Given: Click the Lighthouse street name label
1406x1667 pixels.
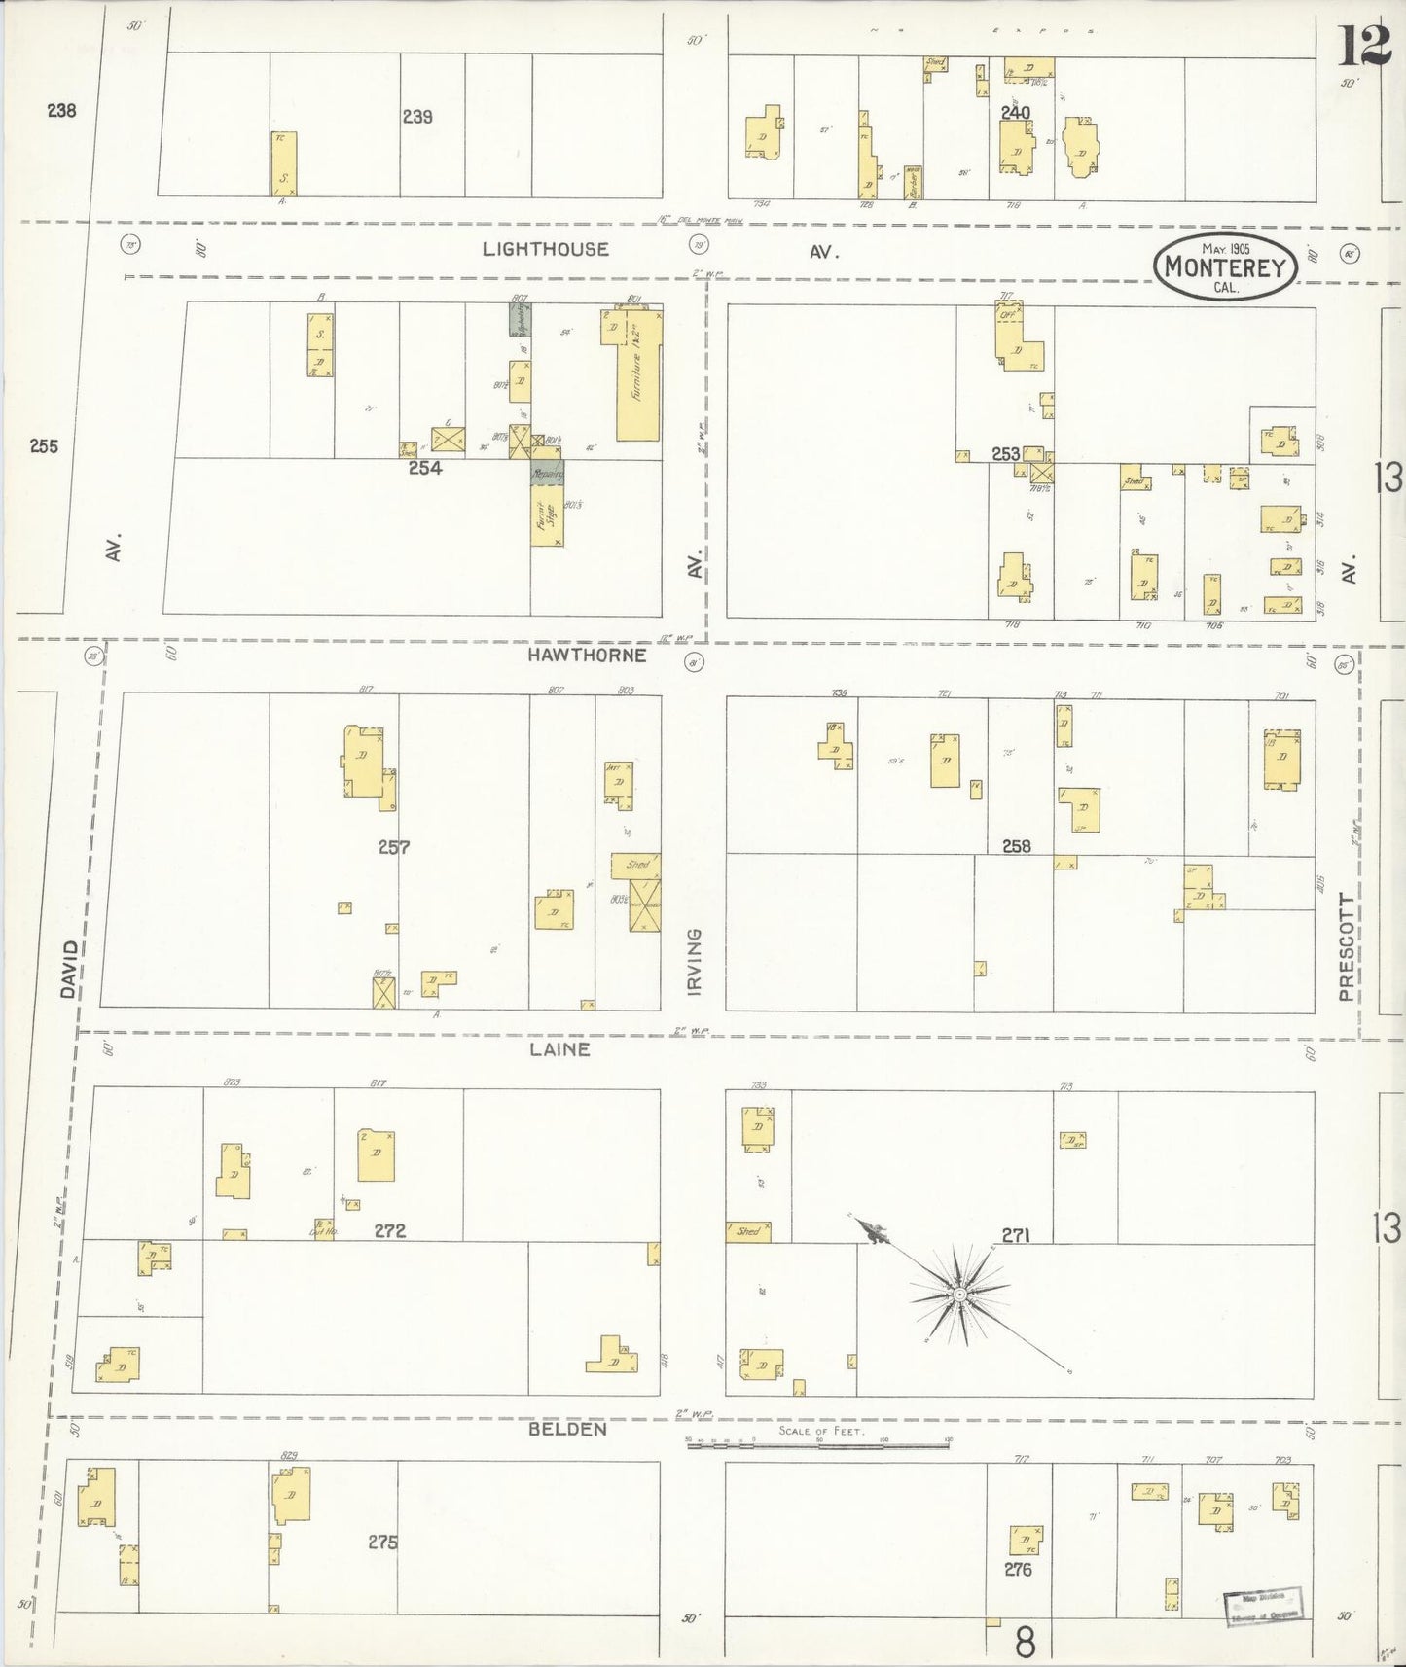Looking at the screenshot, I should (545, 249).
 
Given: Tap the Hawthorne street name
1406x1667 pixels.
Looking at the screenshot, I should (587, 655).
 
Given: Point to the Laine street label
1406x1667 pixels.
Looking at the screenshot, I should (559, 1049).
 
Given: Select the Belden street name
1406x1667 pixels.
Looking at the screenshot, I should (567, 1429).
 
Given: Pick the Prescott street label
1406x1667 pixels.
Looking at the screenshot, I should (1346, 946).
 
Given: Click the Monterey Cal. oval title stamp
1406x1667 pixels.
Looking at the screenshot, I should (1225, 265).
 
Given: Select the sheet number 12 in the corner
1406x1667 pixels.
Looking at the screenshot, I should (1363, 46).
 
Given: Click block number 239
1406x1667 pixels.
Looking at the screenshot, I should (417, 117).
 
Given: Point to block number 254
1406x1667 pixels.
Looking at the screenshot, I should (424, 468).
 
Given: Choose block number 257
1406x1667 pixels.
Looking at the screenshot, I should (394, 847).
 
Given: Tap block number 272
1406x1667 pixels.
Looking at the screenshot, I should (389, 1230).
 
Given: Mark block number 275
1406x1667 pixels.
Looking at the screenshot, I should (382, 1542).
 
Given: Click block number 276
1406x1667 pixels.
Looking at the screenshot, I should (1018, 1569).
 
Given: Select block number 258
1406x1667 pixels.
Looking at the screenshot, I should (1016, 846).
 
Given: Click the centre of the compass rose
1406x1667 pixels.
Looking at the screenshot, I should (959, 1294).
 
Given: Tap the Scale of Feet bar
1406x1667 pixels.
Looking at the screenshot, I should (817, 1445).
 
